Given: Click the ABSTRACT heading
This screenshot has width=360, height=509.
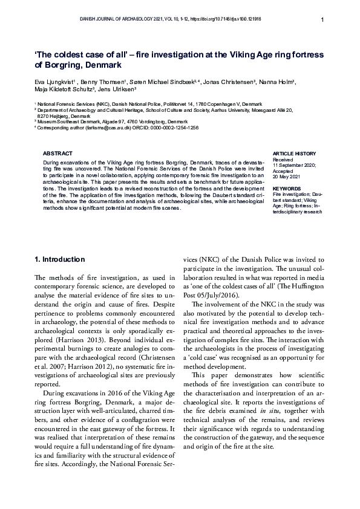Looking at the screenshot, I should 59,154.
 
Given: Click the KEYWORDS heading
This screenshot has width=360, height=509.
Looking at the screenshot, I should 286,189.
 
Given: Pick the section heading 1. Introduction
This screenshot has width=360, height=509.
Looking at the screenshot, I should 60,259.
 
